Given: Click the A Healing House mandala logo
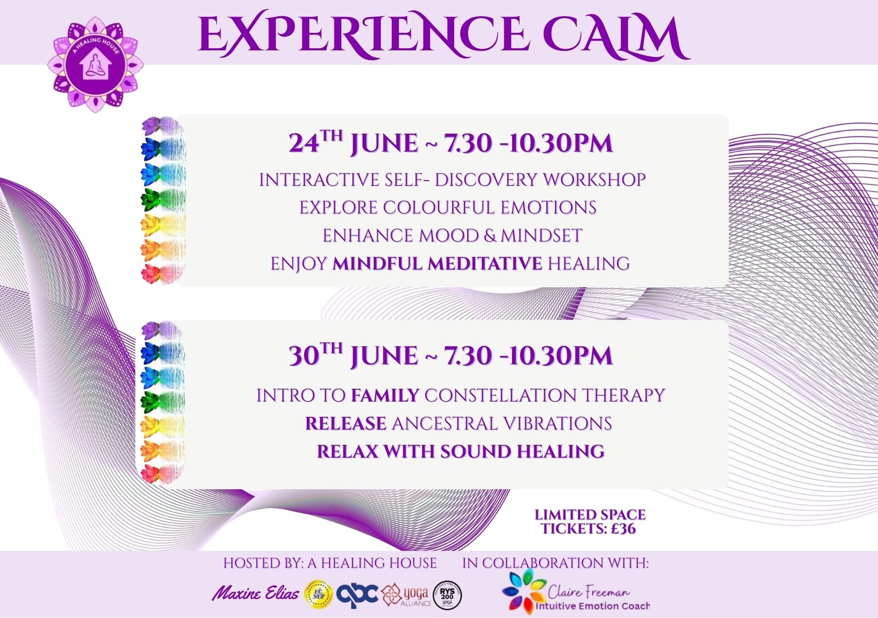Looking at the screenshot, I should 95,65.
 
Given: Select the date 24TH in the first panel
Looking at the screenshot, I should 315,143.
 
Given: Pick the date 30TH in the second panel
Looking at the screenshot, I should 315,355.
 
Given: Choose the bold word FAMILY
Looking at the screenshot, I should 385,395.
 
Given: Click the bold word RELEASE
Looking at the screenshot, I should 346,423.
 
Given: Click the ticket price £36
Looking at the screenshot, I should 623,529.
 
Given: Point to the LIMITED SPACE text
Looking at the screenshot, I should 590,514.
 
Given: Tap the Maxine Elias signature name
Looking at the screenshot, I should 255,593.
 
